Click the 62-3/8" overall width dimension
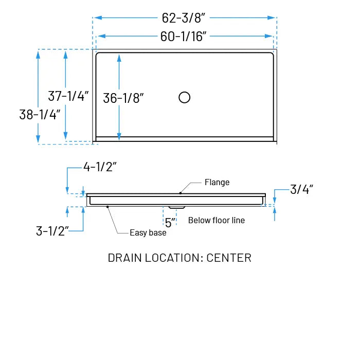pyautogui.click(x=184, y=18)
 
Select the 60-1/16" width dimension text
pyautogui.click(x=184, y=36)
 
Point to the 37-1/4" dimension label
pyautogui.click(x=68, y=96)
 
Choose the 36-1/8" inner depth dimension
pyautogui.click(x=123, y=98)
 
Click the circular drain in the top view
pyautogui.click(x=184, y=97)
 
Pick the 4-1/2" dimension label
pyautogui.click(x=100, y=167)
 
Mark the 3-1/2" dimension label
pyautogui.click(x=52, y=231)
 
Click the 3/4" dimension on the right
pyautogui.click(x=301, y=189)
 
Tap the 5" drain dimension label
pyautogui.click(x=170, y=222)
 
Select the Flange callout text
pyautogui.click(x=217, y=182)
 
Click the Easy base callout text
pyautogui.click(x=148, y=233)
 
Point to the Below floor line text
pyautogui.click(x=217, y=220)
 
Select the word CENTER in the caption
pyautogui.click(x=229, y=258)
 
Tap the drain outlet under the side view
pyautogui.click(x=176, y=207)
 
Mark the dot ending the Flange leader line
pyautogui.click(x=180, y=193)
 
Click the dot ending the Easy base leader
pyautogui.click(x=107, y=207)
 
